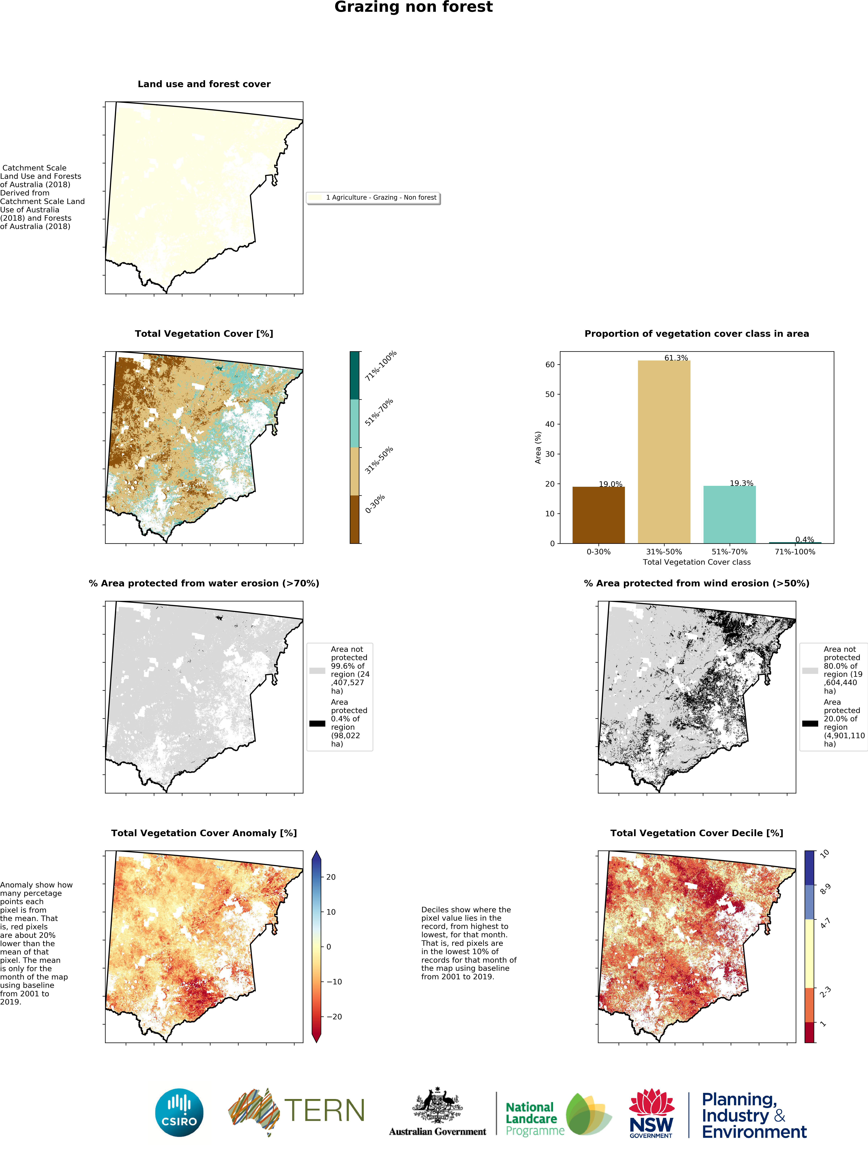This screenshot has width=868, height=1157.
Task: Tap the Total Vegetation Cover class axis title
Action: pyautogui.click(x=696, y=562)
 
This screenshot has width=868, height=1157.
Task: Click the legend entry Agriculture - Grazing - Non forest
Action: pyautogui.click(x=381, y=198)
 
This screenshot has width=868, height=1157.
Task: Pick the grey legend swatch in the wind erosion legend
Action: pyautogui.click(x=810, y=671)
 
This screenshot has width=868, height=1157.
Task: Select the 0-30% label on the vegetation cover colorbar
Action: pyautogui.click(x=375, y=504)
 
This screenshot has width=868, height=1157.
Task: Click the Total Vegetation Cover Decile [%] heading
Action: pyautogui.click(x=696, y=833)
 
